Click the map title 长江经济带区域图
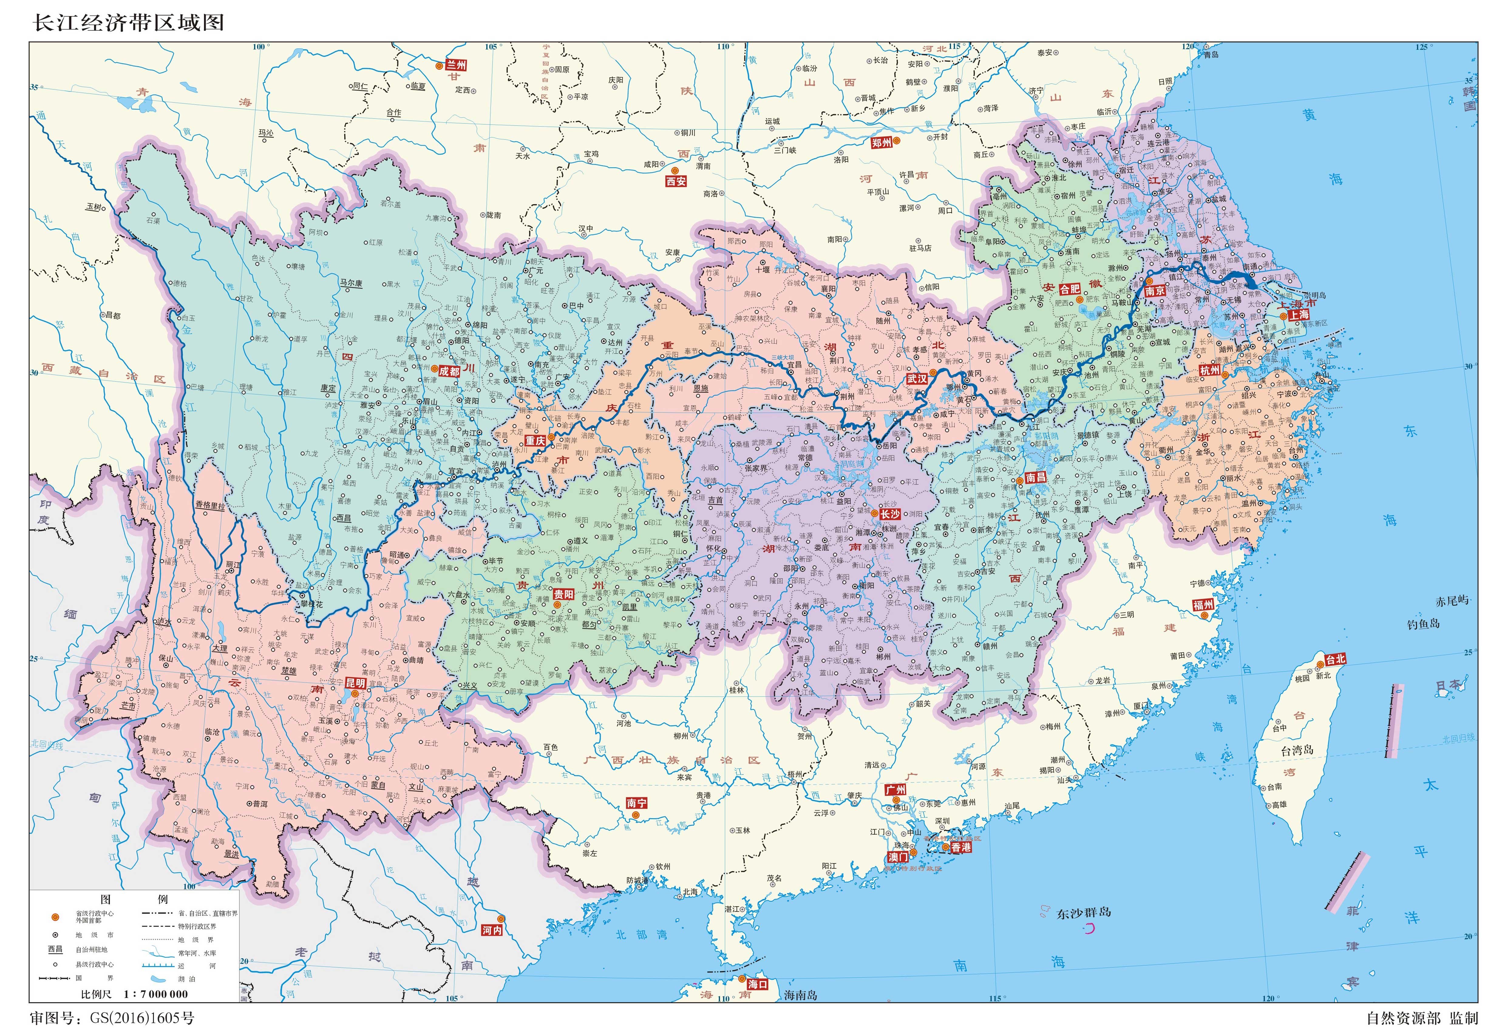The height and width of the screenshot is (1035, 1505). pos(128,23)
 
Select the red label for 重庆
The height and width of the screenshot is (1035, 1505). pos(535,440)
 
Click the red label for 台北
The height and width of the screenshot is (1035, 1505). pos(1335,659)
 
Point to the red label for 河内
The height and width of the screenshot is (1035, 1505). pos(491,930)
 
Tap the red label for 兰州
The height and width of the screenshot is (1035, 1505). pos(457,66)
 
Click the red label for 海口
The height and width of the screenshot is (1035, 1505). pos(757,984)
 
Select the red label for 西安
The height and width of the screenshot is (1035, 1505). pos(676,182)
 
